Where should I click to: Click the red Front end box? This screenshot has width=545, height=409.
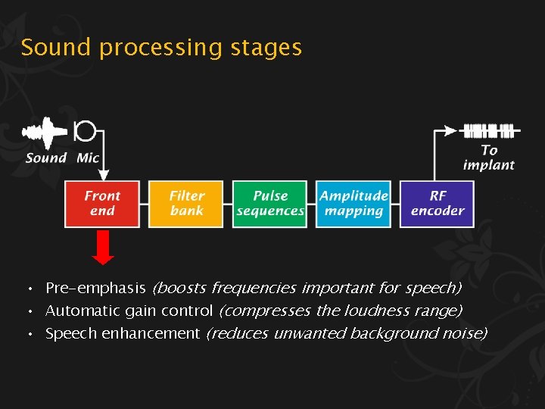click(102, 203)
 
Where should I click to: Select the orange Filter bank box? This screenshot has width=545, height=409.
click(186, 203)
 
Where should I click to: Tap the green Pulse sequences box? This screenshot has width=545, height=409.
click(270, 203)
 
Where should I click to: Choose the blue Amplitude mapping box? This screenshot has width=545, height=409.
click(353, 203)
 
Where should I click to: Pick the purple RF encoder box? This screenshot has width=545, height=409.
click(438, 203)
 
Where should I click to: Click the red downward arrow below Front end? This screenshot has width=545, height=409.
click(103, 248)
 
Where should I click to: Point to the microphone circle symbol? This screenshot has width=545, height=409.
click(85, 131)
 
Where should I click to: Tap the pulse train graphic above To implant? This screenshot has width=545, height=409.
click(489, 130)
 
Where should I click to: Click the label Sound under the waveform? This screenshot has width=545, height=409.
click(46, 158)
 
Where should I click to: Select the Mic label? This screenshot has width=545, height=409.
click(88, 158)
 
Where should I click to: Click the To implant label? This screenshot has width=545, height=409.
click(489, 158)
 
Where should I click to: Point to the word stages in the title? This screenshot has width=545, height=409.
click(266, 48)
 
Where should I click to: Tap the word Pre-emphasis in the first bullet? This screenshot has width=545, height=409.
click(95, 288)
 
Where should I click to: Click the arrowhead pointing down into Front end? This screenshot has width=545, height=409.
click(103, 175)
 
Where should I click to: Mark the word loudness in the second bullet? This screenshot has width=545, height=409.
click(370, 311)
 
